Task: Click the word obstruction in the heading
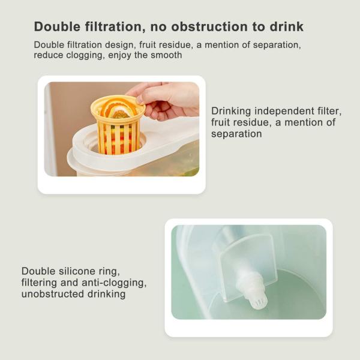point(209,26)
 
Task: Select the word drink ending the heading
point(287,26)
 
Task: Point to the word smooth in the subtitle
point(166,55)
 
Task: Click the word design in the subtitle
point(119,45)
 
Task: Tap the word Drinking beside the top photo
point(231,112)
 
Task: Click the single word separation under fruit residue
point(236,134)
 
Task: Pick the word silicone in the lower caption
point(77,271)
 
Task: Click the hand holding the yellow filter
point(166,101)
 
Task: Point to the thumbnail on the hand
point(140,100)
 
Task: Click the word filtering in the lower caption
point(39,283)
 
